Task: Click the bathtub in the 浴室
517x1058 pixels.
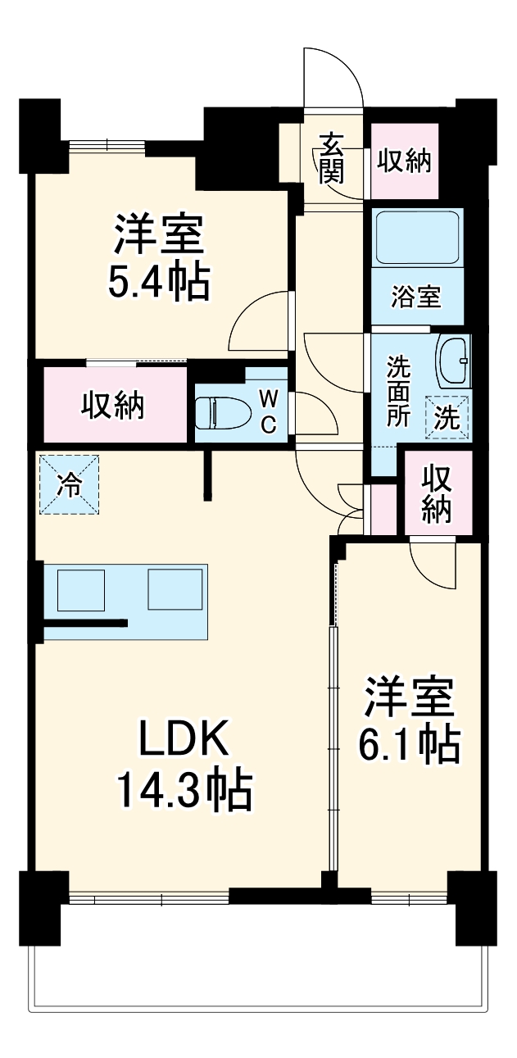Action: [417, 237]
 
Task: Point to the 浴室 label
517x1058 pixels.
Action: [416, 297]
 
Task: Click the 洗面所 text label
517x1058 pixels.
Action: [398, 390]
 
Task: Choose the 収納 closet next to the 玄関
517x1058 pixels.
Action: [404, 161]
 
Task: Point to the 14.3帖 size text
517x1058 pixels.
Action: [183, 789]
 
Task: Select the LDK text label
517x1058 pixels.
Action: [182, 740]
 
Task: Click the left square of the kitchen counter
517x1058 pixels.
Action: [80, 589]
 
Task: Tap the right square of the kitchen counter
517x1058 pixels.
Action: [174, 589]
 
